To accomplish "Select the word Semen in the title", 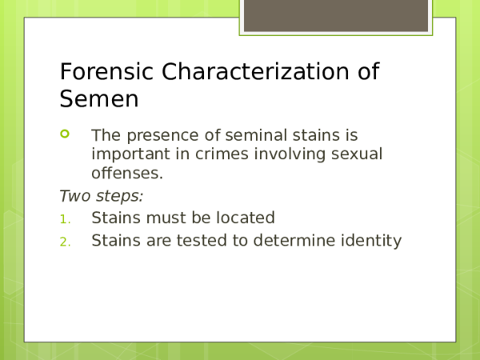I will click(x=99, y=100).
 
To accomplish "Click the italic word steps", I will click(x=119, y=196).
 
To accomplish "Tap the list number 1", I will click(x=64, y=218).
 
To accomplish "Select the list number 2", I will click(x=64, y=241).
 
